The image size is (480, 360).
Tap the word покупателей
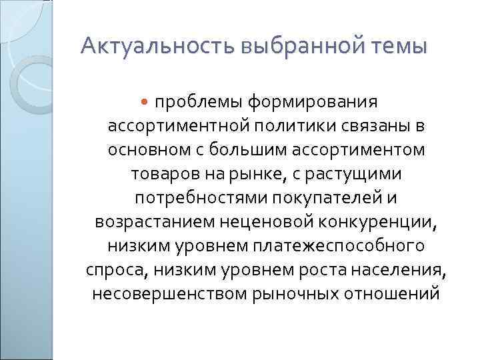(318, 199)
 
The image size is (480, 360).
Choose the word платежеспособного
(338, 247)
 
